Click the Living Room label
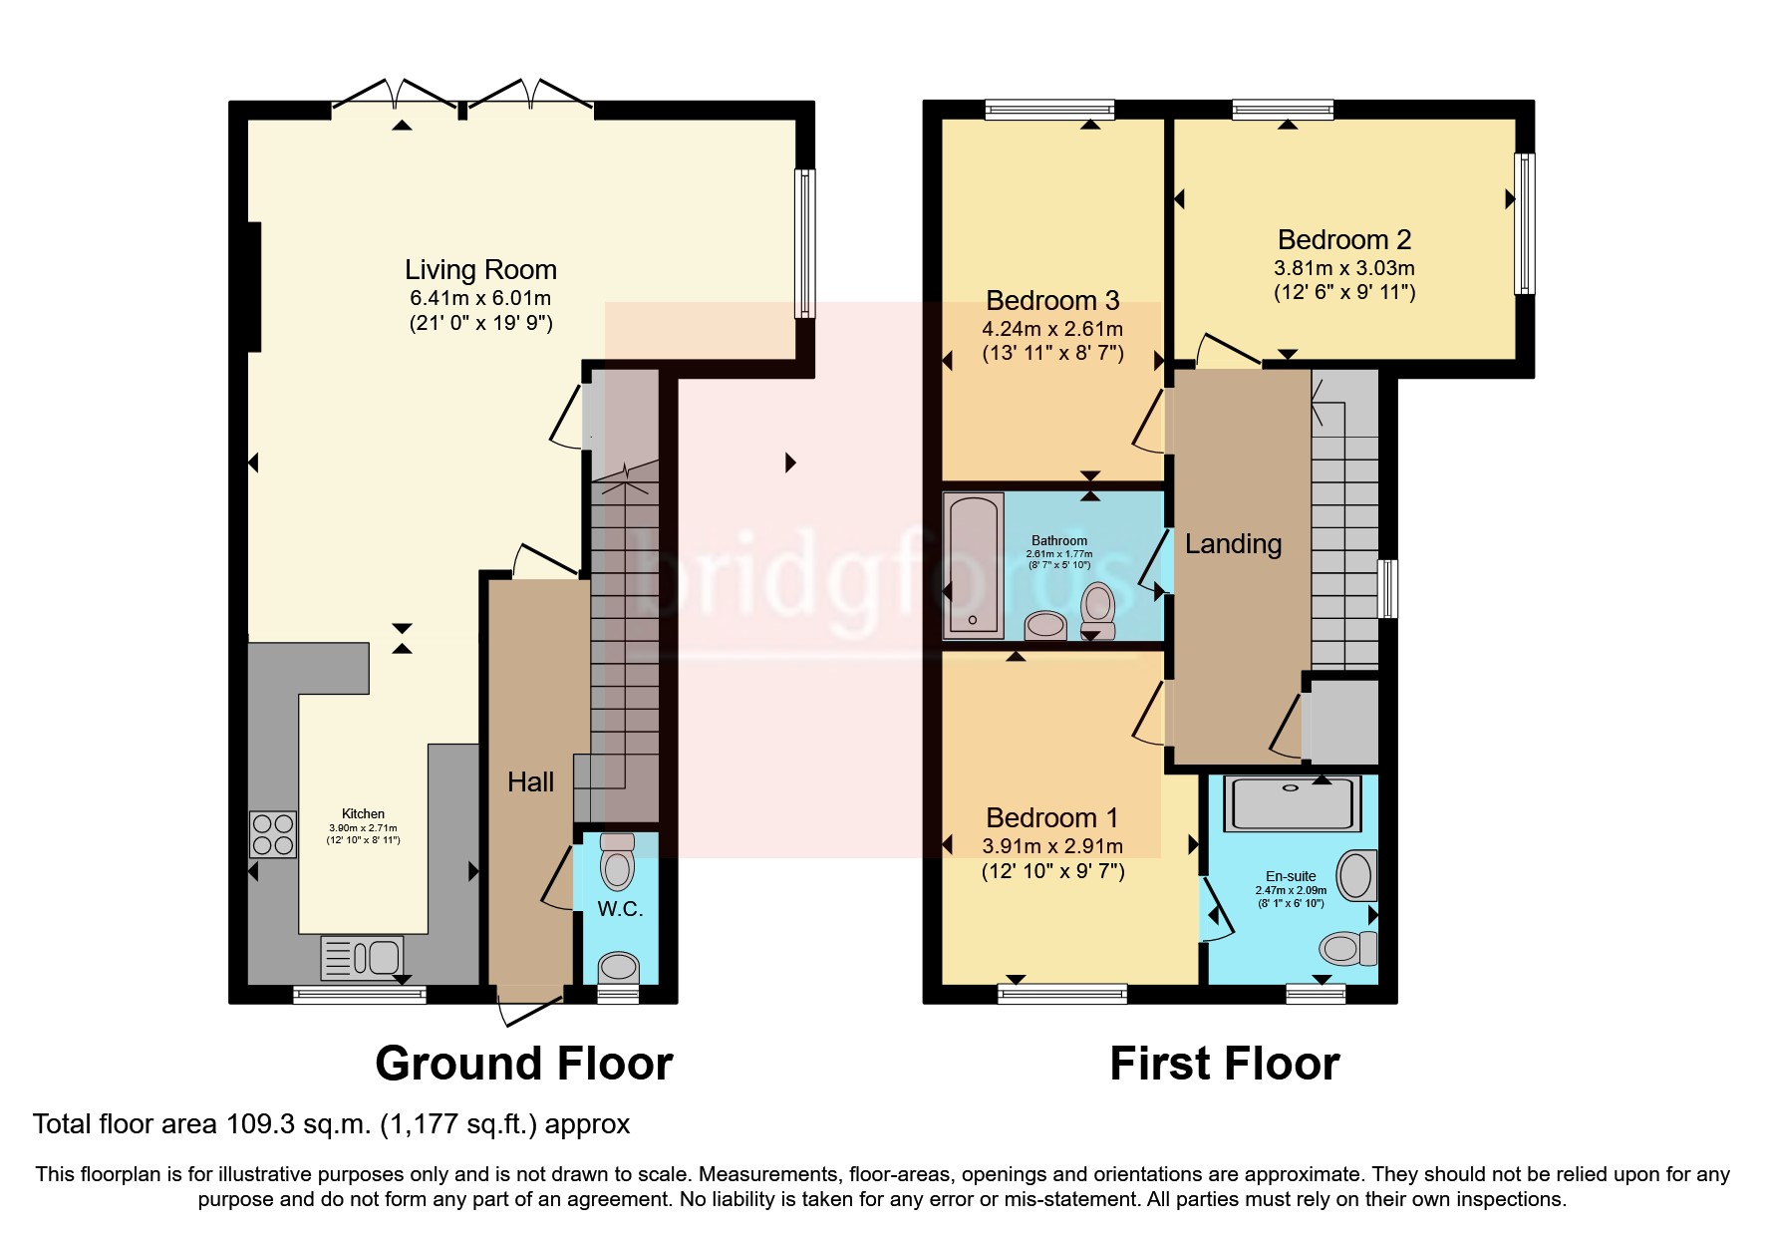(480, 270)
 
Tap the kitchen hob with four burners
(273, 834)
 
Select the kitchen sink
(362, 958)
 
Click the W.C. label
(620, 909)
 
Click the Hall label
(530, 782)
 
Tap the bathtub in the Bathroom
(975, 564)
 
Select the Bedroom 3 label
(1052, 301)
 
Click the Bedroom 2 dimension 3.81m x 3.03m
(1344, 268)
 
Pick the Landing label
(1233, 544)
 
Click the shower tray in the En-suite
(1292, 802)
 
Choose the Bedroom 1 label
(1052, 818)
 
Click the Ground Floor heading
(524, 1064)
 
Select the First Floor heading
(1225, 1064)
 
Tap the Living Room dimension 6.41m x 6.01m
(480, 298)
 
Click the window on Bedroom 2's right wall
(1525, 223)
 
